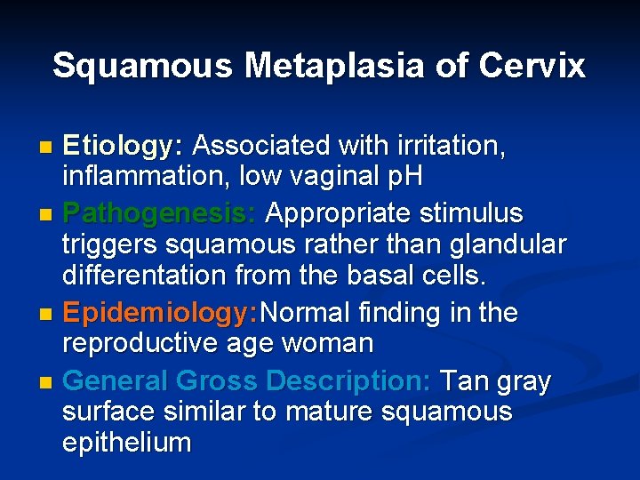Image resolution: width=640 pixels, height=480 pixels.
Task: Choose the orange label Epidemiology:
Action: [159, 314]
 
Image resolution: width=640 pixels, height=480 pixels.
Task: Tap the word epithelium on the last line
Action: [126, 443]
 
